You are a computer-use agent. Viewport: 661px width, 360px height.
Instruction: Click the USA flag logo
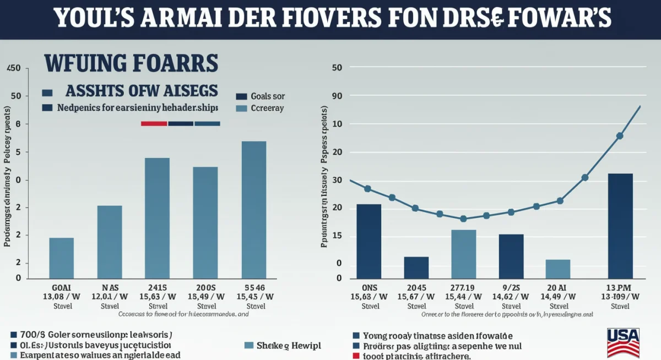(x=623, y=342)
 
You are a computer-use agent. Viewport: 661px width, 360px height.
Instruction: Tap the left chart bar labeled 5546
(x=254, y=209)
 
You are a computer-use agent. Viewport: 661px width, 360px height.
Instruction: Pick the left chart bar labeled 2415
(x=157, y=217)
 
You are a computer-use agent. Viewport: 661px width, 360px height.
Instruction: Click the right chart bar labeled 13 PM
(x=620, y=226)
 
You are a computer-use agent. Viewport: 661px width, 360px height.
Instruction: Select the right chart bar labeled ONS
(x=369, y=241)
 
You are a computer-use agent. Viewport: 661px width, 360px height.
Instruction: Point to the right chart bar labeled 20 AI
(x=558, y=269)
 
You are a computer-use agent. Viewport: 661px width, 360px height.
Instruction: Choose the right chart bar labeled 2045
(x=416, y=267)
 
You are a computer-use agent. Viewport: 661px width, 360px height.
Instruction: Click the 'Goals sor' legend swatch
(x=241, y=96)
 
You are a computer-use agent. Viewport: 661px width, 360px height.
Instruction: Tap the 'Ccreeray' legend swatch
(x=241, y=108)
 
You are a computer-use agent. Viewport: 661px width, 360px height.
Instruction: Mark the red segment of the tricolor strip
(x=154, y=123)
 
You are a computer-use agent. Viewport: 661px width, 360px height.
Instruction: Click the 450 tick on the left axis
(x=13, y=68)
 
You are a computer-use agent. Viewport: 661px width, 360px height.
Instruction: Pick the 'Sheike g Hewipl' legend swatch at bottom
(x=248, y=346)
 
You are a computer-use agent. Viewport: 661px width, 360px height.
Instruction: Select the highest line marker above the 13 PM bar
(x=620, y=135)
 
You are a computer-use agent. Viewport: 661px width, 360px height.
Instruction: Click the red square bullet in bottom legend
(x=356, y=356)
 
